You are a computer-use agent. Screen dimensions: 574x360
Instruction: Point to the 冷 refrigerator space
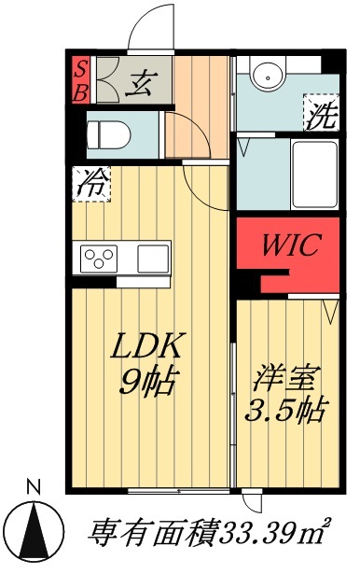pos(91,184)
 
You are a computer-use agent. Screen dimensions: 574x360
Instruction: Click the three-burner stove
pos(99,256)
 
